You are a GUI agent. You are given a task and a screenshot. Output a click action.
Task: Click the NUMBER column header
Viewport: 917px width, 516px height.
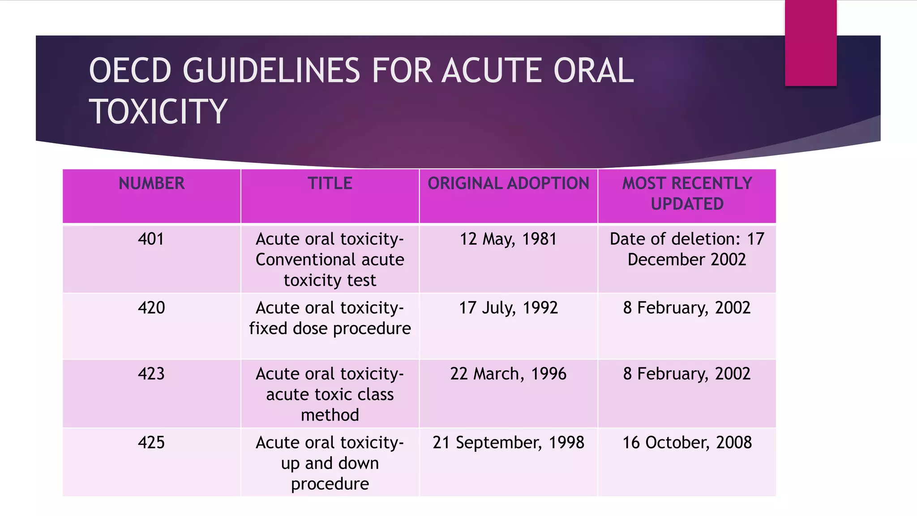[151, 184]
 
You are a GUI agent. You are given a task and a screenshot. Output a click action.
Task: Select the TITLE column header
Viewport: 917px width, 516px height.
[330, 184]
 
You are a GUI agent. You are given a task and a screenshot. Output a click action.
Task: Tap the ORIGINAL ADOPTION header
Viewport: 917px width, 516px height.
[508, 184]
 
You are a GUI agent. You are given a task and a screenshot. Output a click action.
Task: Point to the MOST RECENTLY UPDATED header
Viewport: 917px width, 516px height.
[687, 193]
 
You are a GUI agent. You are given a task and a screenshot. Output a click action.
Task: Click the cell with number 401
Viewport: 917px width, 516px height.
[151, 239]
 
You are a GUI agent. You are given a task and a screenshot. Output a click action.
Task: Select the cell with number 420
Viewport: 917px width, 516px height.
[151, 308]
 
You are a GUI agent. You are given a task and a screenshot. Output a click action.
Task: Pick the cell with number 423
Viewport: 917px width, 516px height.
[151, 374]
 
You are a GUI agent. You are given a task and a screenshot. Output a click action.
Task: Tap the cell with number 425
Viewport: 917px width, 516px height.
[151, 443]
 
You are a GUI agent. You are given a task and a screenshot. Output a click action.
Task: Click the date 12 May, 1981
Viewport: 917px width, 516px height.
[508, 239]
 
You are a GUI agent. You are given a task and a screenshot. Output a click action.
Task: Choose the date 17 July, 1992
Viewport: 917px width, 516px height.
[508, 308]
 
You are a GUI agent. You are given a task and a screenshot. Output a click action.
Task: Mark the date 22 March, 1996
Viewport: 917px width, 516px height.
[508, 374]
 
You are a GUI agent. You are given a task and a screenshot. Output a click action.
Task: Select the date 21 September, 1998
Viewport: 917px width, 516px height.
[508, 443]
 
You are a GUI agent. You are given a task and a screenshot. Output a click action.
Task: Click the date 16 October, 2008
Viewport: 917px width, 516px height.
[687, 443]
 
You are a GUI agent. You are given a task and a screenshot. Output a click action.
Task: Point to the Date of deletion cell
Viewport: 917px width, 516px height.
[687, 249]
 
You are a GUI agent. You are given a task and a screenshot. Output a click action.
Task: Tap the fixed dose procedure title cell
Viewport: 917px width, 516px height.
[330, 318]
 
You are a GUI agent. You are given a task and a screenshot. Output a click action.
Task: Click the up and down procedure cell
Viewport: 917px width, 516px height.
[330, 463]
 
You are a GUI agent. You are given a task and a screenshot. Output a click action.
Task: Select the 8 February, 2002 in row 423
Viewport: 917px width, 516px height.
[687, 374]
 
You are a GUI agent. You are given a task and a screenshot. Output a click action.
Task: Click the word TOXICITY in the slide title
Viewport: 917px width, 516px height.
[158, 112]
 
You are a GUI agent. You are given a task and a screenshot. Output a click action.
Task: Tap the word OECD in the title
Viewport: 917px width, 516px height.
[130, 71]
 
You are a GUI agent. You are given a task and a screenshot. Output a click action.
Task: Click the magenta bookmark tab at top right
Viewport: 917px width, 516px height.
[810, 43]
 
